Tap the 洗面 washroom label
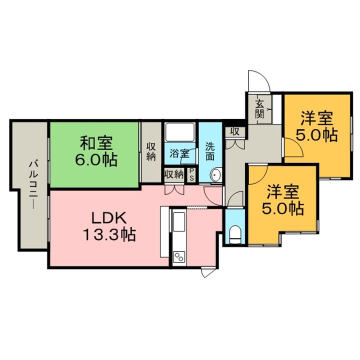click(210, 151)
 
